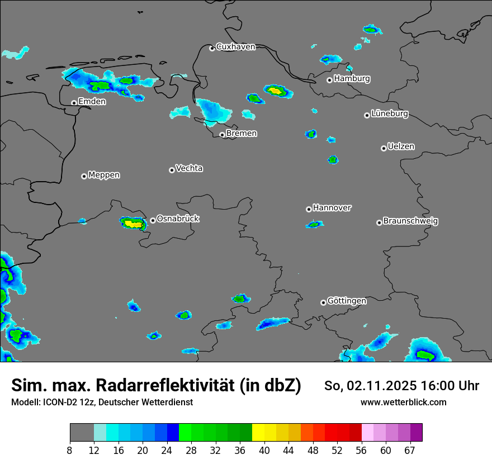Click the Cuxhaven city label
(235, 47)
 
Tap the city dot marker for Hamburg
(330, 80)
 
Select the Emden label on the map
(92, 102)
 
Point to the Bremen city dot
(222, 135)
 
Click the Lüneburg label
(390, 114)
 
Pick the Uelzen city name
(401, 147)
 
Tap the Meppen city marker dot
(84, 176)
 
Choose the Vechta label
(189, 168)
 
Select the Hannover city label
(332, 208)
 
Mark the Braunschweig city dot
(379, 222)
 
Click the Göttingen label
(347, 301)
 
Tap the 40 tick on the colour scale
(264, 451)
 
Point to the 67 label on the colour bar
(410, 451)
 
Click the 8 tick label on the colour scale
(70, 451)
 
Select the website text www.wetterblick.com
(403, 403)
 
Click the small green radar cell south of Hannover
(315, 224)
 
